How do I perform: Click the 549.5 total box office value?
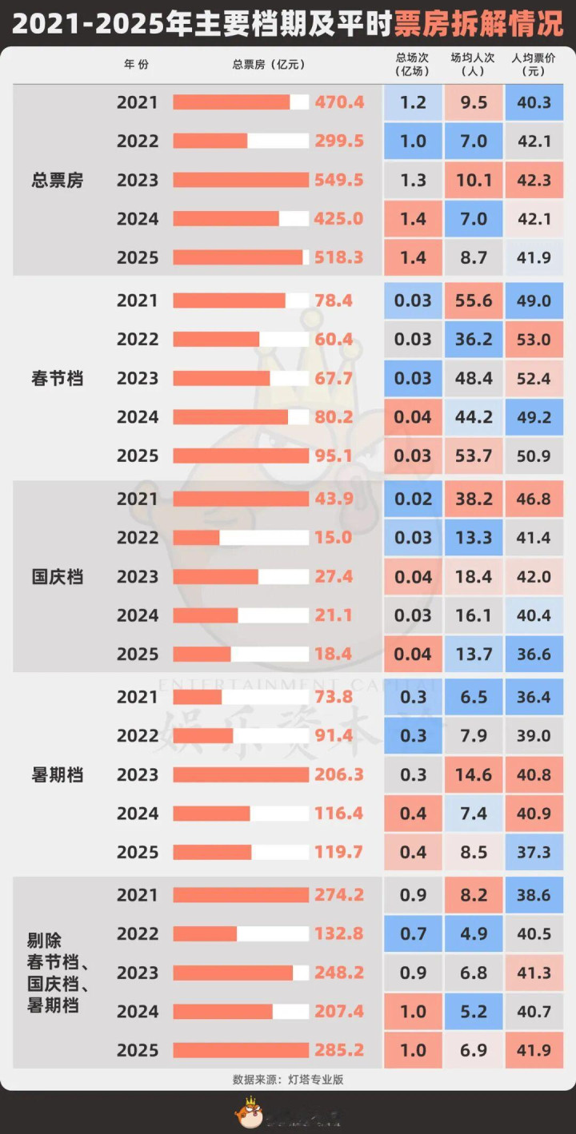pyautogui.click(x=339, y=180)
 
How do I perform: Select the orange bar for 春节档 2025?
pyautogui.click(x=240, y=456)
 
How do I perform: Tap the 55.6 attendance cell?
pyautogui.click(x=474, y=300)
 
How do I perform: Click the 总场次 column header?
pyautogui.click(x=413, y=64)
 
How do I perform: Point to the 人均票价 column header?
pyautogui.click(x=534, y=64)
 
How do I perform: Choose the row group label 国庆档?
pyautogui.click(x=58, y=576)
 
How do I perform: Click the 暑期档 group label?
pyautogui.click(x=58, y=774)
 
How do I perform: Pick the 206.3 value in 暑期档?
pyautogui.click(x=339, y=774)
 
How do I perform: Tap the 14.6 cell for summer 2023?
pyautogui.click(x=474, y=774)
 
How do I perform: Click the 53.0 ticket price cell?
pyautogui.click(x=534, y=339)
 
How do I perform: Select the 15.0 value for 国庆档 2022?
pyautogui.click(x=334, y=537)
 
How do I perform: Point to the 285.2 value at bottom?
pyautogui.click(x=339, y=1050)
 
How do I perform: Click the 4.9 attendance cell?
pyautogui.click(x=474, y=933)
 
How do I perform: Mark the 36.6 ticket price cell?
pyautogui.click(x=534, y=654)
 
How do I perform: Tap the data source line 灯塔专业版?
pyautogui.click(x=288, y=1080)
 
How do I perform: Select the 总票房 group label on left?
pyautogui.click(x=58, y=180)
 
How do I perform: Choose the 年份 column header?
pyautogui.click(x=136, y=64)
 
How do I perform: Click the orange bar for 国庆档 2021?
pyautogui.click(x=240, y=499)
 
